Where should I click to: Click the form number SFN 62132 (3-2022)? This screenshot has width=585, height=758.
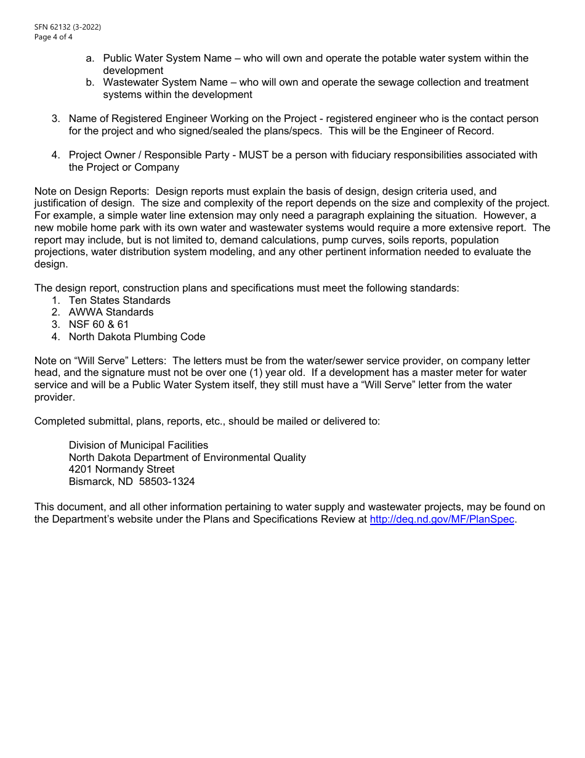(68, 27)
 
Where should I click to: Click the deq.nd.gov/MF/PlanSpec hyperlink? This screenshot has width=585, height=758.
(442, 520)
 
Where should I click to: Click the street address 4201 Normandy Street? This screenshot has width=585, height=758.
(121, 470)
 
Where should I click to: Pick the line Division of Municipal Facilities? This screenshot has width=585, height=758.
(138, 445)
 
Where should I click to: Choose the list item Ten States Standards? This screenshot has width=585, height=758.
(119, 301)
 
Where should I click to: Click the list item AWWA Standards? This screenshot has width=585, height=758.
(111, 312)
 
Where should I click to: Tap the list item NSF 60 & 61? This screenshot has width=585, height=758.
(99, 325)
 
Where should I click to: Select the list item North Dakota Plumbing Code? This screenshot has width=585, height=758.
(137, 337)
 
